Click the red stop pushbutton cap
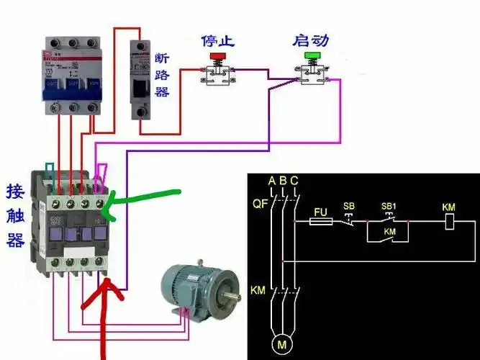pos(216,55)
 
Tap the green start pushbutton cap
pos(312,55)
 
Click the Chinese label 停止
pos(217,40)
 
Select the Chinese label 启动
pos(311,40)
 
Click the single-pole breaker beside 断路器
pos(140,79)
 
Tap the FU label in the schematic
pos(321,213)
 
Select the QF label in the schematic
pos(259,204)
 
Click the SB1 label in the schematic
pos(389,207)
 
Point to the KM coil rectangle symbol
pos(448,222)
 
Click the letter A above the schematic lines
pos(271,180)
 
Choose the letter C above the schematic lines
pos(294,180)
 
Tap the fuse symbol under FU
pos(321,222)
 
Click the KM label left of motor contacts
pos(258,291)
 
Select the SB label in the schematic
pos(349,207)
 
